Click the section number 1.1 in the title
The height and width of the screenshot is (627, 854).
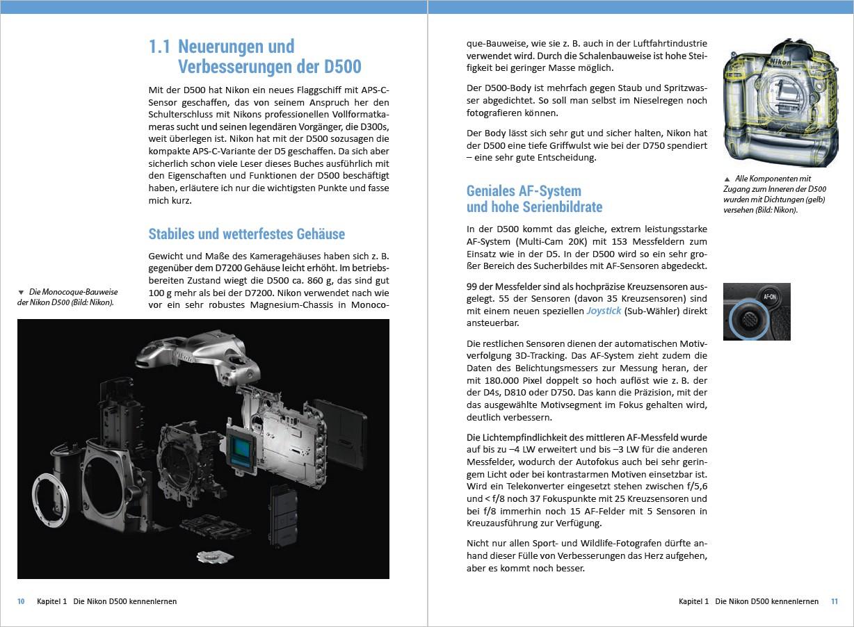click(x=160, y=47)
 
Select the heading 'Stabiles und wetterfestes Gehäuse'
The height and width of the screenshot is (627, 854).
click(x=246, y=234)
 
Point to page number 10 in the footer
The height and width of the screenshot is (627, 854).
click(x=21, y=601)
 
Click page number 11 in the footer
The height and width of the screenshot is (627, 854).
click(x=834, y=601)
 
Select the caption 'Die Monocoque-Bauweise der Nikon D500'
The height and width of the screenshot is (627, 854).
click(x=67, y=297)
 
